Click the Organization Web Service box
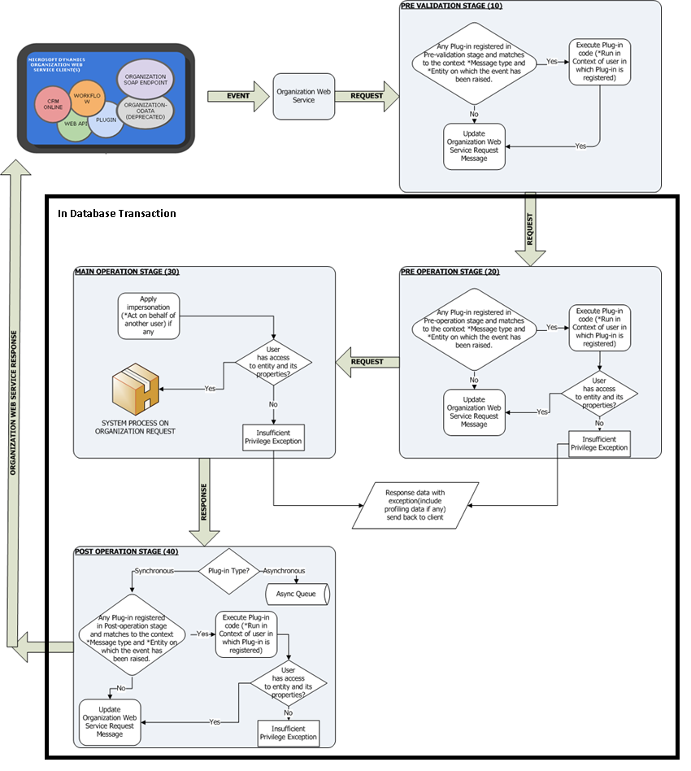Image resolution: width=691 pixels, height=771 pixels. click(302, 96)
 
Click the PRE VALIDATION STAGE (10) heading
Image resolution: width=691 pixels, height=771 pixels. click(451, 6)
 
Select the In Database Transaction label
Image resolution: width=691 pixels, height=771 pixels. click(116, 214)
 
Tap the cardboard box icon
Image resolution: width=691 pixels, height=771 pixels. click(137, 390)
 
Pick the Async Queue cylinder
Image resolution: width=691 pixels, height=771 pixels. click(297, 593)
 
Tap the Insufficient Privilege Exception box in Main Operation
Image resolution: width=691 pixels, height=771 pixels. click(273, 437)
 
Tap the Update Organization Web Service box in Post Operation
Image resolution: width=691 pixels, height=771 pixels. click(110, 722)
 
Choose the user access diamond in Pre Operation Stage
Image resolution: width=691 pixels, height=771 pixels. click(599, 393)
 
